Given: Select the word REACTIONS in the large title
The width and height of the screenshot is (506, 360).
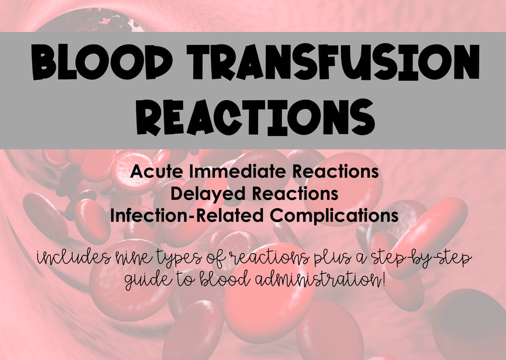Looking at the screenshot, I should coord(253,118).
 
